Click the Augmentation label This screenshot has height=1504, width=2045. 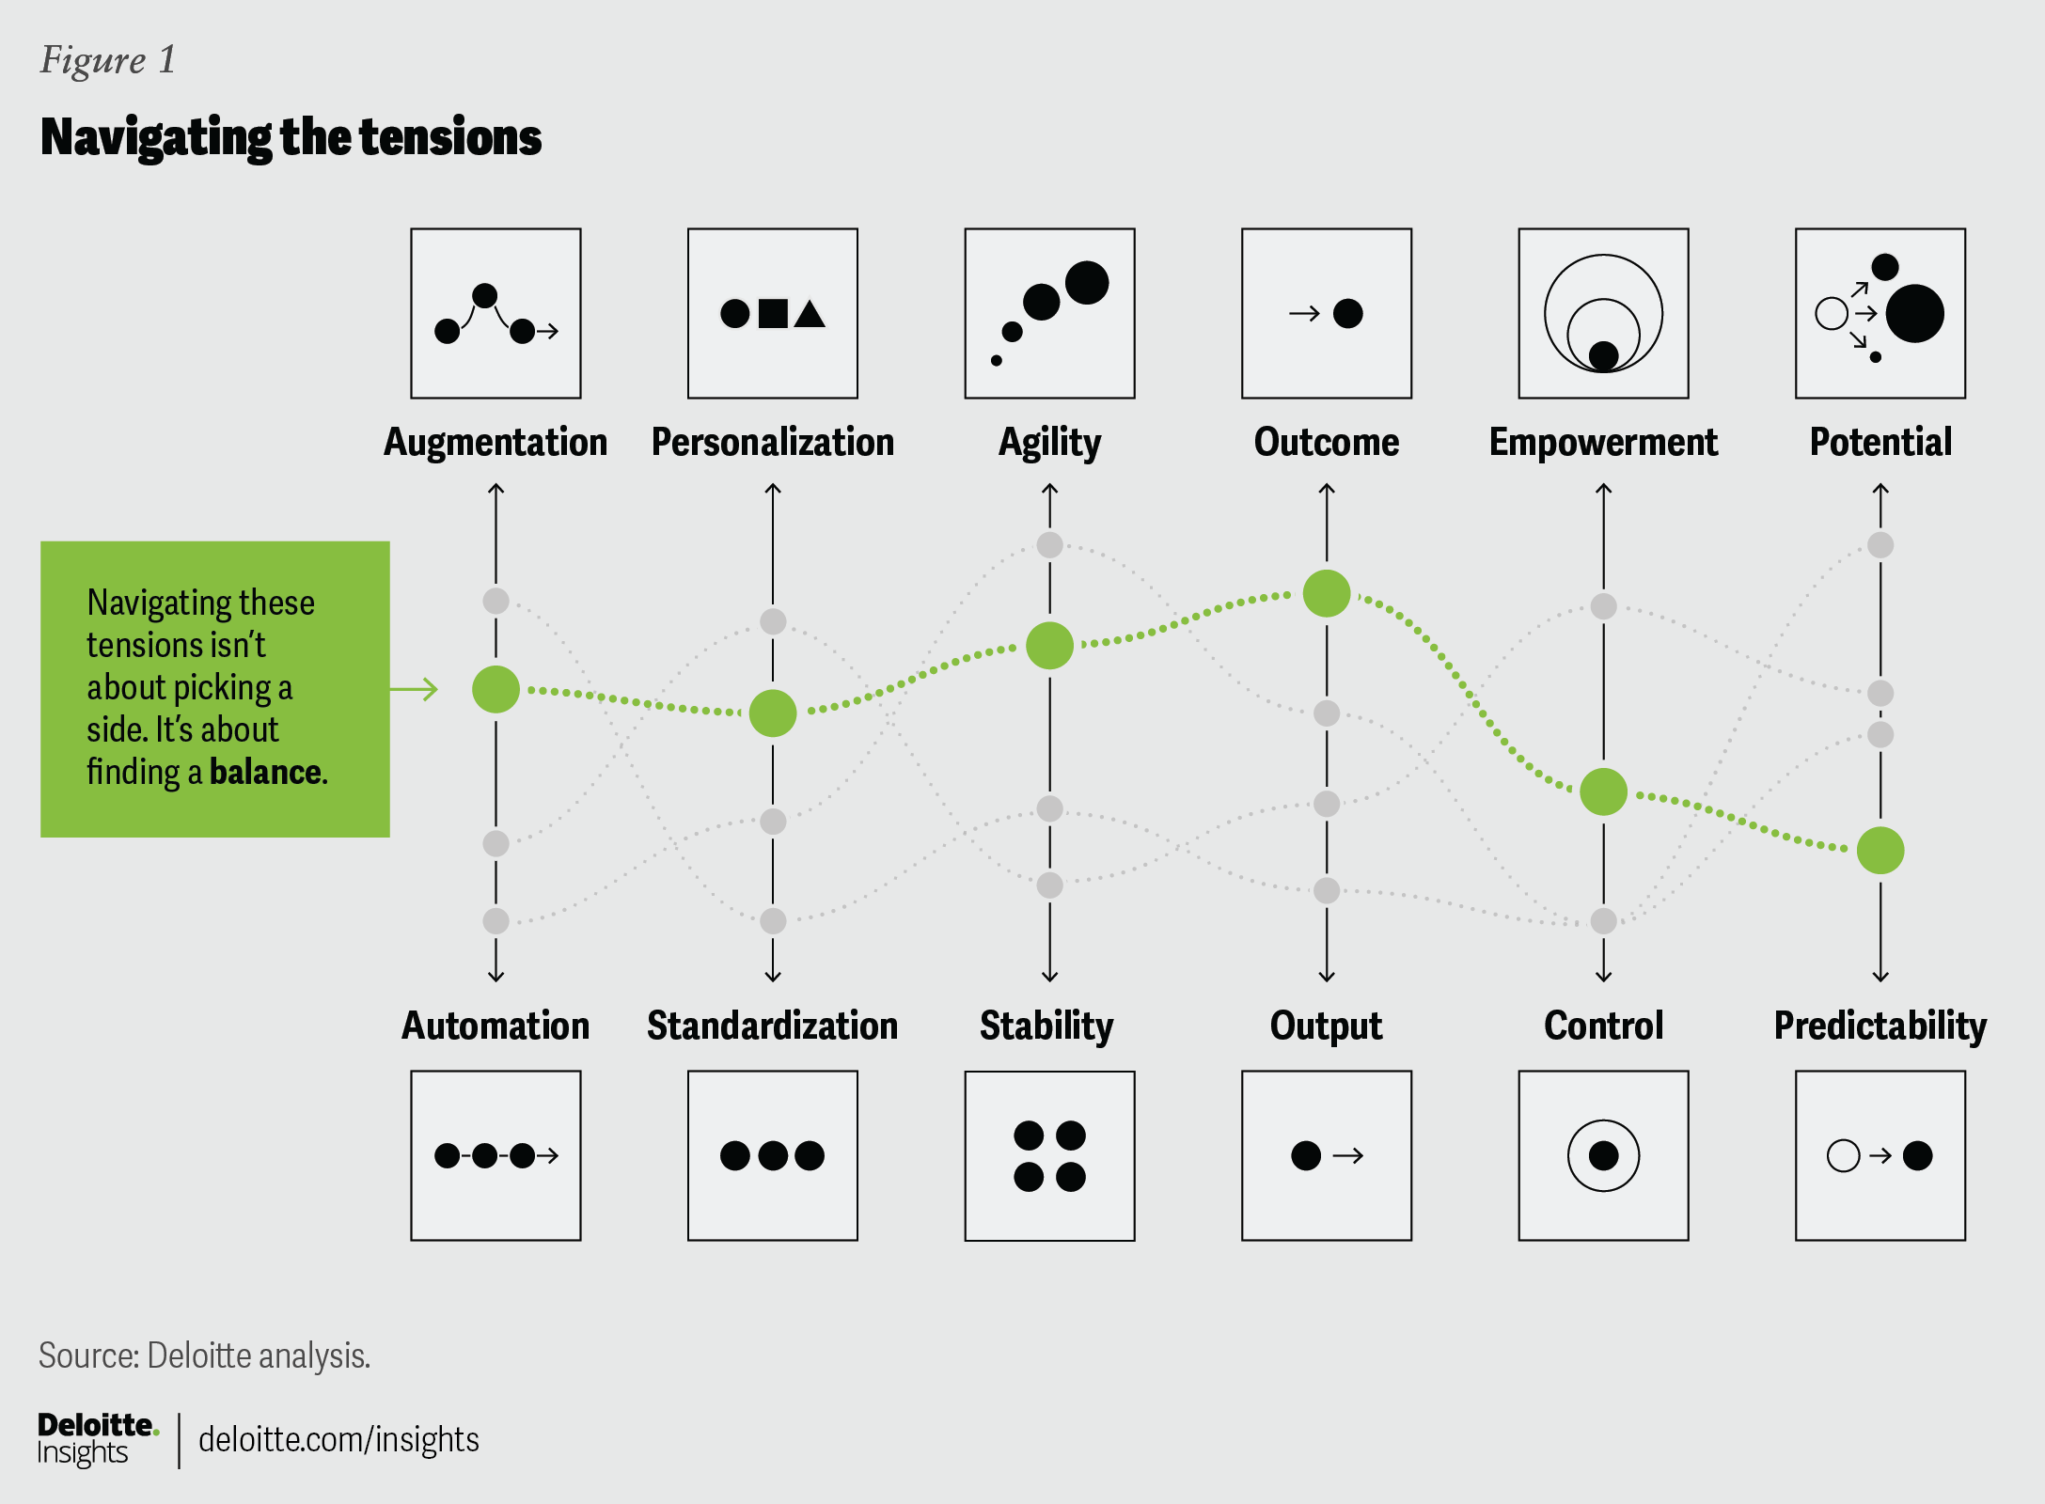point(496,443)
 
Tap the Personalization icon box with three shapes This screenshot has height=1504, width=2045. point(773,313)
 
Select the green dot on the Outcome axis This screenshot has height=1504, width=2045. point(1327,593)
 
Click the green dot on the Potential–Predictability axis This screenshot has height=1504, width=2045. point(1880,851)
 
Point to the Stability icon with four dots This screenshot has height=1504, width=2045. point(1049,1156)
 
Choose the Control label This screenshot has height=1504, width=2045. point(1604,1026)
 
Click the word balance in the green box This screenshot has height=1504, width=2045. point(266,772)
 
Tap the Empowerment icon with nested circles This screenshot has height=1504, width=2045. point(1604,313)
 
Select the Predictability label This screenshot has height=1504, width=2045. point(1880,1026)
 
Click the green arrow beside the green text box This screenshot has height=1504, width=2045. point(415,689)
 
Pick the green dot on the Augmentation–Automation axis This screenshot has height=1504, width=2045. point(496,689)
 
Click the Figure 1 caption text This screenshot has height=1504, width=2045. point(108,61)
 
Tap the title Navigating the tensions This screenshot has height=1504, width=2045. point(291,138)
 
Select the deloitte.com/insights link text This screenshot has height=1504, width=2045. point(338,1439)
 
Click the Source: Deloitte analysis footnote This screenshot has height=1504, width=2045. point(205,1355)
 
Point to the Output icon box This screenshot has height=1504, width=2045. point(1327,1156)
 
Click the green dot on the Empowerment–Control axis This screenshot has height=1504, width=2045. point(1604,791)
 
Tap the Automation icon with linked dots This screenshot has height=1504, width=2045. point(496,1156)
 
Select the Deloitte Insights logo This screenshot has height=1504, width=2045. point(98,1439)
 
